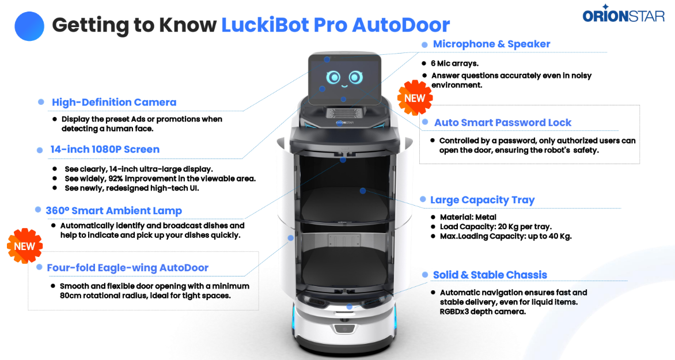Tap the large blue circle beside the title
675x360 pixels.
click(29, 26)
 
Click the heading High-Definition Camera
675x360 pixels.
click(114, 102)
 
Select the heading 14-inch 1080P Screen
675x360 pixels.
click(105, 149)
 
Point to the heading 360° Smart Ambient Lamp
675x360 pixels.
click(113, 211)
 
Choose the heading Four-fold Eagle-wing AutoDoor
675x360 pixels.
click(127, 268)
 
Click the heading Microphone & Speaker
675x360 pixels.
click(492, 44)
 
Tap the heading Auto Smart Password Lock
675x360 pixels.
click(503, 123)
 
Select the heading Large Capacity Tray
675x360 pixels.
click(483, 200)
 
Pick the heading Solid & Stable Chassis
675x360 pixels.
click(490, 275)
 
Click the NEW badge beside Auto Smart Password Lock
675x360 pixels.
click(415, 98)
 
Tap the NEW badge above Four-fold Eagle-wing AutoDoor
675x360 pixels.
click(25, 246)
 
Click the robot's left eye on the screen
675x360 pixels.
click(333, 78)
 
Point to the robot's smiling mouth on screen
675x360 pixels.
click(344, 86)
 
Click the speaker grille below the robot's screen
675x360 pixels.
click(344, 113)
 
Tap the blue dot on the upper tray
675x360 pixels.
click(363, 191)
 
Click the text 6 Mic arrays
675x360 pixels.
click(454, 63)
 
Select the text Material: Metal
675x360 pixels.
click(468, 217)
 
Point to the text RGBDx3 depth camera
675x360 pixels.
click(483, 312)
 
